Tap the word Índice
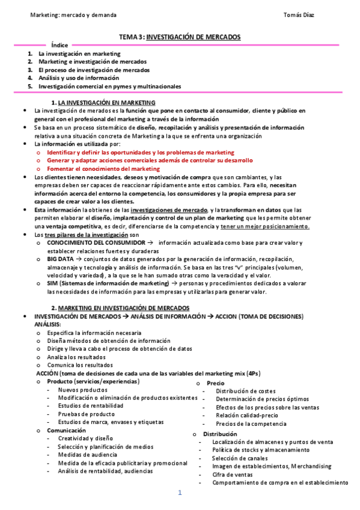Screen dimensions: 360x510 [59, 45]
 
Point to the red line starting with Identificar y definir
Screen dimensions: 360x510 [141, 153]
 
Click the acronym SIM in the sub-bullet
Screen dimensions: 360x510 [52, 283]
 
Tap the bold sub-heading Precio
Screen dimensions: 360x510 [215, 383]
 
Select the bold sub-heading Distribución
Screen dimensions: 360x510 [220, 434]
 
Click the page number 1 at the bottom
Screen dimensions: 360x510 [179, 493]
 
